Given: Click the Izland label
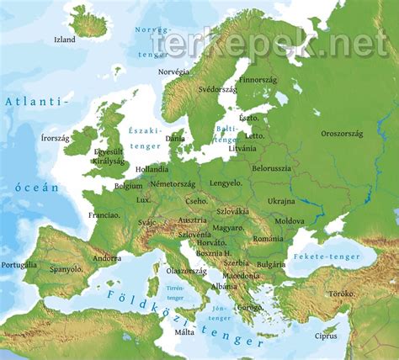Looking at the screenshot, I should (65, 40).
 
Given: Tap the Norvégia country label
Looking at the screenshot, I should (175, 72).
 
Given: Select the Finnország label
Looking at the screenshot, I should (259, 81).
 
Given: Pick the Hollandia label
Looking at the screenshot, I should (152, 169).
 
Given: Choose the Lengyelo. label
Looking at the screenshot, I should (226, 183).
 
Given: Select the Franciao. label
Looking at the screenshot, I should (104, 215).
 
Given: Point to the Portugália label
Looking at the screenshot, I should (19, 265).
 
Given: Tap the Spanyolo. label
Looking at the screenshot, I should (66, 269).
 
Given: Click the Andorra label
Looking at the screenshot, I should (107, 258).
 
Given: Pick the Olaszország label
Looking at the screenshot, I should (187, 271).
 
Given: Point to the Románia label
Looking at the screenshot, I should (269, 239).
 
